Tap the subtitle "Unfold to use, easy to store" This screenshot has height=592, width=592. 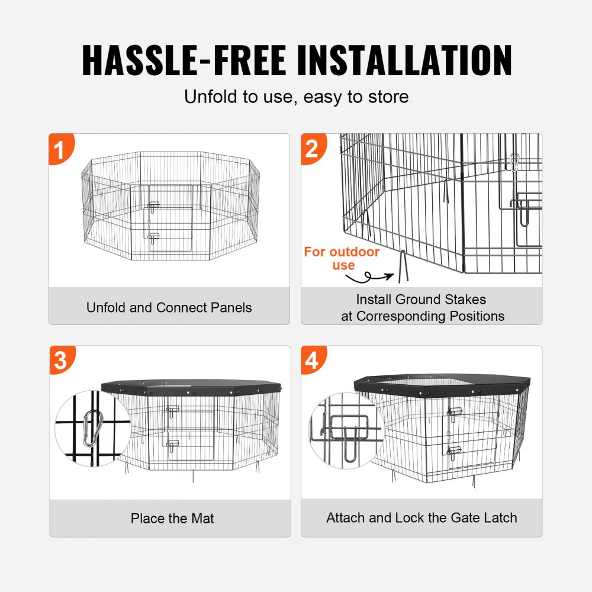click(296, 96)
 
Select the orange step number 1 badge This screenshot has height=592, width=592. click(60, 149)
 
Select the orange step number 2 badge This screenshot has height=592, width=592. click(313, 149)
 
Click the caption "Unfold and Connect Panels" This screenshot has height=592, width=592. click(169, 308)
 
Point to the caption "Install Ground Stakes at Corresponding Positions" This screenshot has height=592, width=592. click(422, 308)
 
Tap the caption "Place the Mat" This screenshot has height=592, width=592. click(172, 519)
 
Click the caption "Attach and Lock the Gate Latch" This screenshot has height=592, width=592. click(422, 518)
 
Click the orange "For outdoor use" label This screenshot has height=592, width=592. click(342, 259)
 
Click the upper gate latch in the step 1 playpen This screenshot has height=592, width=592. click(155, 205)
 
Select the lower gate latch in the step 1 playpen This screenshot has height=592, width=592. click(155, 237)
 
